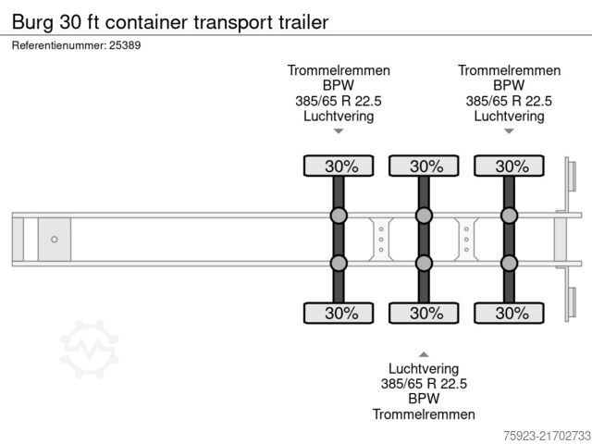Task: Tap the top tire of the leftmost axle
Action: pos(339,166)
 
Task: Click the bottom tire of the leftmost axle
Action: pos(339,313)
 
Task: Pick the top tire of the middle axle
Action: pos(424,166)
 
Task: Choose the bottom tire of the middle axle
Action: pos(424,313)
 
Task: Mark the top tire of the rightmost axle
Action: pos(509,166)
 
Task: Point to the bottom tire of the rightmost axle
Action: pos(509,313)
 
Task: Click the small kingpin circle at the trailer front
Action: pos(54,240)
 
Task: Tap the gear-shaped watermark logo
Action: pos(90,349)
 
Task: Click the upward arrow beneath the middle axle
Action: pos(424,354)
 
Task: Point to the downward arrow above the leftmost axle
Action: pos(339,131)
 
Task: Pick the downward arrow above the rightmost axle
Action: pos(509,131)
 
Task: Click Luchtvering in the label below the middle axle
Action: pos(424,369)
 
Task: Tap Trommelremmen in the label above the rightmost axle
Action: pos(509,70)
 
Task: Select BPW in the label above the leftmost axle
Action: pos(339,86)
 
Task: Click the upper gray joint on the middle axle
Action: pos(424,216)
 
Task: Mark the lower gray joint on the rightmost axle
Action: pos(509,263)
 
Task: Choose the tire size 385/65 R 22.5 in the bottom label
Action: pos(424,384)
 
